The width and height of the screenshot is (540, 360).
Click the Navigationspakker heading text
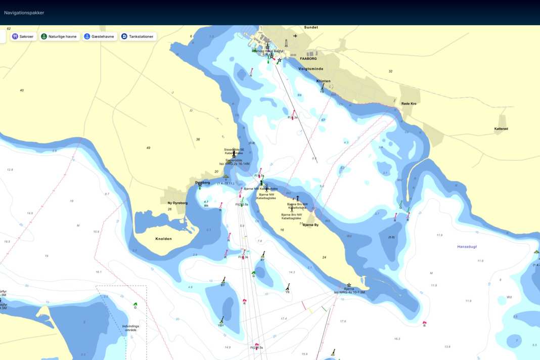pos(24,13)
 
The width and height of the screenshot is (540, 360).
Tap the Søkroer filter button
pos(23,36)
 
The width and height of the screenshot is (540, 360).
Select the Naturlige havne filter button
pos(60,36)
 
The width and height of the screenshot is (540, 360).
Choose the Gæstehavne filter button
pos(100,36)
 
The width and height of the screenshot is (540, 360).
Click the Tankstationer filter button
pos(138,36)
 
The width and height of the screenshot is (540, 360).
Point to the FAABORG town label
pos(308,59)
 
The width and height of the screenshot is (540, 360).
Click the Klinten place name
pos(323,81)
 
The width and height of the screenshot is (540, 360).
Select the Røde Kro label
pos(409,104)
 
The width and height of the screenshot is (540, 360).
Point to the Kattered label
pos(501,129)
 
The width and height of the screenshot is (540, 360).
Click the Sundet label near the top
pos(311,27)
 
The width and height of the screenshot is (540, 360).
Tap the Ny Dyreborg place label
pos(177,203)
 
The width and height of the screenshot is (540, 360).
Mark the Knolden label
pos(164,239)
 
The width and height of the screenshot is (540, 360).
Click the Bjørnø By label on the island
pos(310,224)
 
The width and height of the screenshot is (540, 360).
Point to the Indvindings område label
pos(130,328)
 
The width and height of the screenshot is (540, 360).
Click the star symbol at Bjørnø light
pos(349,285)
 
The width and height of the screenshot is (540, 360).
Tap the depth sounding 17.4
pos(284,319)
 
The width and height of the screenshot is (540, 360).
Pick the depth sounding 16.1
pos(98,272)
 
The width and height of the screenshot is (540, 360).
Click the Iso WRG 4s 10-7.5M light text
pos(349,292)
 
